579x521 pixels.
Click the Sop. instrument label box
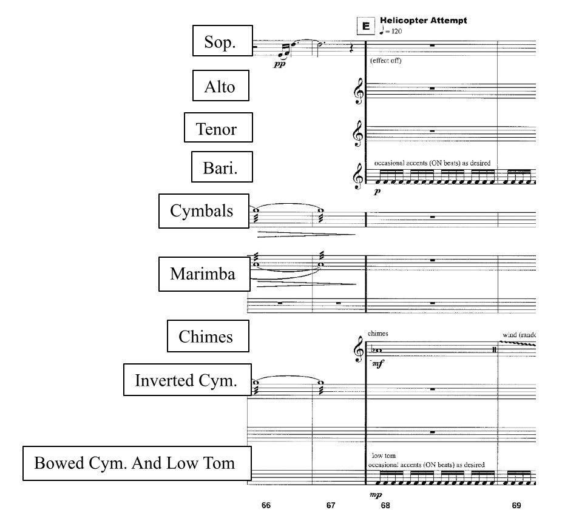click(223, 41)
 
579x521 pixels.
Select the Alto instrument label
click(221, 86)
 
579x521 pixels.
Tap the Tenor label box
click(218, 127)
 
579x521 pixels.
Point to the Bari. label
click(222, 167)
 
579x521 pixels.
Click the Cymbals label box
click(204, 211)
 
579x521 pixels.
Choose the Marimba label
click(204, 274)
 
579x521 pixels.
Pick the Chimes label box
click(208, 336)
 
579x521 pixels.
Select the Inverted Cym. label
click(188, 380)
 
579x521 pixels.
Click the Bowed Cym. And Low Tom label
click(137, 463)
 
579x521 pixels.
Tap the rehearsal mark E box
click(366, 26)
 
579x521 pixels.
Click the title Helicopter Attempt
click(423, 20)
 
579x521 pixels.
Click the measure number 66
click(266, 505)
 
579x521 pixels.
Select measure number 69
click(516, 505)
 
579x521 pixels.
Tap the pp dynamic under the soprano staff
click(279, 64)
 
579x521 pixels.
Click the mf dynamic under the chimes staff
click(378, 364)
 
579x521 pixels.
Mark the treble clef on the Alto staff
click(358, 91)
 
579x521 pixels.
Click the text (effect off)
click(385, 61)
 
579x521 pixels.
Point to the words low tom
click(384, 455)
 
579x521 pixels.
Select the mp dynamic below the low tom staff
click(376, 494)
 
